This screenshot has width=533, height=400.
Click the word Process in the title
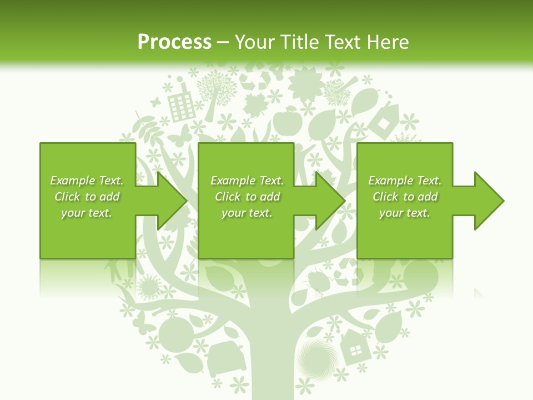[x=174, y=42]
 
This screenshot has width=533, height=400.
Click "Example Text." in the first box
[x=87, y=181]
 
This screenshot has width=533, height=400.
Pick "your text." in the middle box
[x=247, y=213]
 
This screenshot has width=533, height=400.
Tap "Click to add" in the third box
[x=405, y=197]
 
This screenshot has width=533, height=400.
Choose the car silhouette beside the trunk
[x=225, y=359]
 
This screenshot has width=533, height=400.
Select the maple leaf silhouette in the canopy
[x=256, y=104]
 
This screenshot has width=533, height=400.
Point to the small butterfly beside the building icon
[x=155, y=102]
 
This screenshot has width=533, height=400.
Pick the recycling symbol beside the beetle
[x=344, y=269]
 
